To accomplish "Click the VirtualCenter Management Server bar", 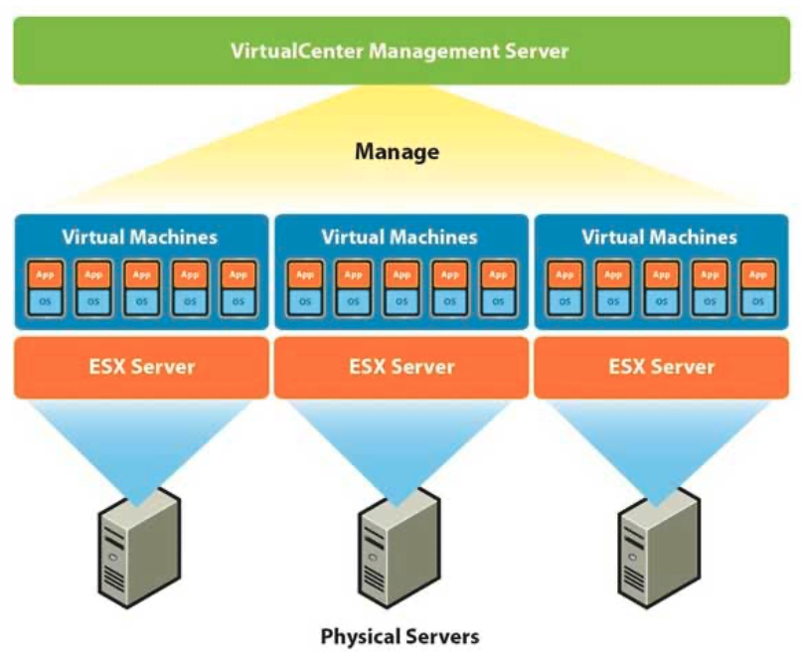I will click(400, 50).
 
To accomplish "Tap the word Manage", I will click(397, 152).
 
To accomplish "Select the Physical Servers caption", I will click(400, 635).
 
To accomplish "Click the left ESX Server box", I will click(141, 367).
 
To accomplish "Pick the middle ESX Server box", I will click(401, 367).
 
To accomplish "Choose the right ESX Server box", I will click(662, 367).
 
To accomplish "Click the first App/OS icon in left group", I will click(43, 287).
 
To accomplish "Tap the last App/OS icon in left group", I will click(237, 287).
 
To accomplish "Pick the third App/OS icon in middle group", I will click(401, 287).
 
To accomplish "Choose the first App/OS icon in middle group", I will click(303, 287).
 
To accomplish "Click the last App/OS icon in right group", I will click(758, 287).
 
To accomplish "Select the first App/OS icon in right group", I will click(564, 287).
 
